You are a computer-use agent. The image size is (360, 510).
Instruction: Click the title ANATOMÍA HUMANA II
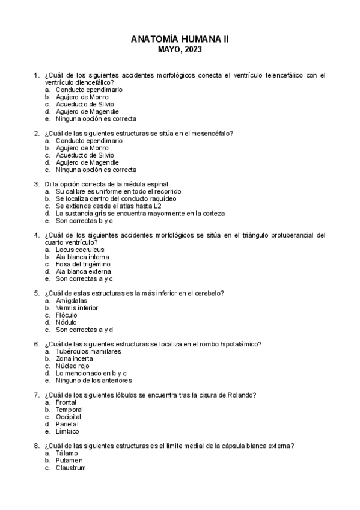pos(180,40)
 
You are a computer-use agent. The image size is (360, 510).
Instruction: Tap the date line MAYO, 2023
pos(180,50)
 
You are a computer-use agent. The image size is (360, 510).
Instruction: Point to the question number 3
pos(37,184)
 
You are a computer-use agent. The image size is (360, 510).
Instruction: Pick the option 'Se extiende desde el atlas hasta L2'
pos(104,206)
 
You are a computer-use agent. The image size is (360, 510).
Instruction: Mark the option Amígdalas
pos(72,301)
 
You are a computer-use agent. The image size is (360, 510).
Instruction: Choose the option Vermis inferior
pos(77,308)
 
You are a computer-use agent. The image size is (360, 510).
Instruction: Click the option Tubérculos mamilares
pos(88,351)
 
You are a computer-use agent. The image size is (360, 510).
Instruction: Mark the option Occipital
pos(68,417)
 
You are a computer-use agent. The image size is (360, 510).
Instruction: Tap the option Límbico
pos(67,431)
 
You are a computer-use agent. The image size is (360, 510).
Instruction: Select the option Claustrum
pos(70,467)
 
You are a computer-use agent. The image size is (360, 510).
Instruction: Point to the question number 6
pos(37,344)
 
